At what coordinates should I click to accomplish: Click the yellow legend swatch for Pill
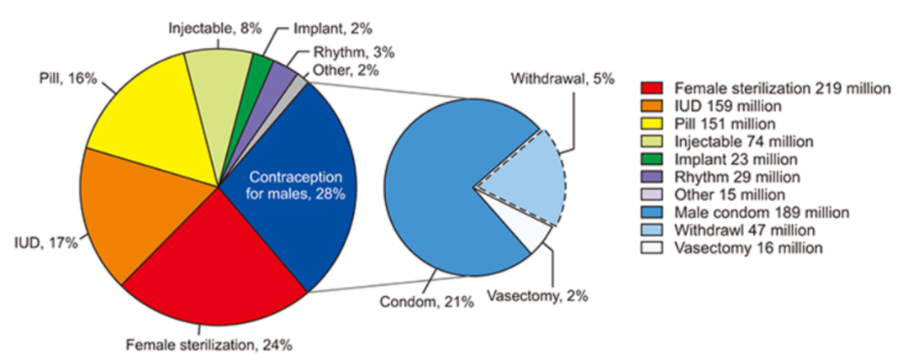pyautogui.click(x=651, y=123)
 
